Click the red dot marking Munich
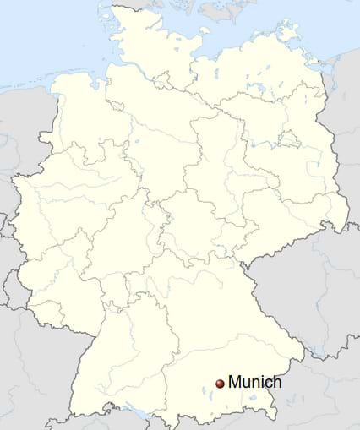[x=221, y=384]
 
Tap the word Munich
[x=254, y=383]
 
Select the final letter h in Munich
[x=277, y=382]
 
